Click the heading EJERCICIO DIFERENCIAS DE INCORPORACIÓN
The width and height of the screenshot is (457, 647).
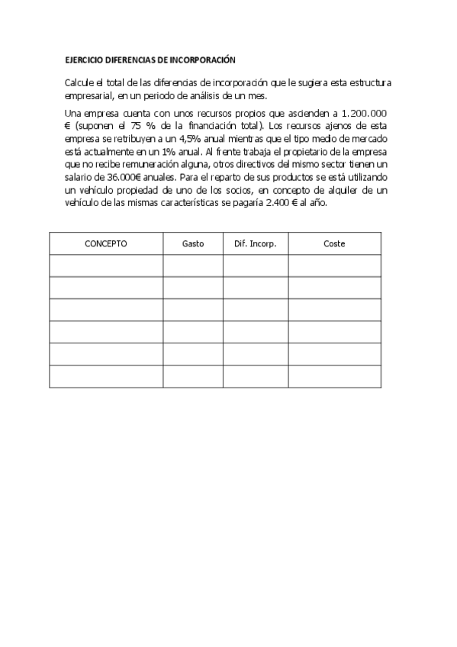(150, 59)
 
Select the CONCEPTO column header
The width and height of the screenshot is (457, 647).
(106, 243)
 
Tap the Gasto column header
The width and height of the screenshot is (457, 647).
(193, 243)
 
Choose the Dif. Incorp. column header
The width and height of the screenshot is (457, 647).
(256, 243)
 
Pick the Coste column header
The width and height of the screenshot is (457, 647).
(334, 243)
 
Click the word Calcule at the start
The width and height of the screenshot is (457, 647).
(80, 82)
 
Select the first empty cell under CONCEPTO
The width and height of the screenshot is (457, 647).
(106, 266)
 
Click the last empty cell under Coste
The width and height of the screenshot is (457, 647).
(334, 377)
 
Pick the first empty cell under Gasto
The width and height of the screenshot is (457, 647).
(193, 266)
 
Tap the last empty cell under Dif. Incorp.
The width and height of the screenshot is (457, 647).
(256, 377)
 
